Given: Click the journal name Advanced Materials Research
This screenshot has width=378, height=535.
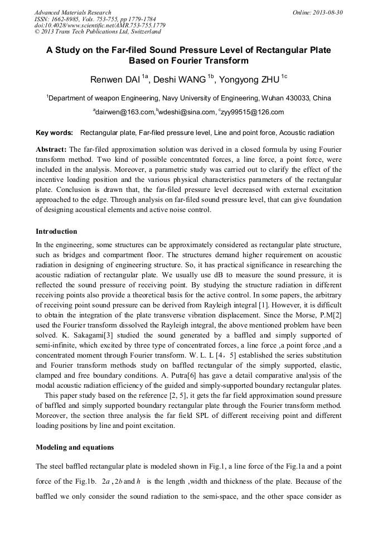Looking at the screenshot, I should [x=72, y=12].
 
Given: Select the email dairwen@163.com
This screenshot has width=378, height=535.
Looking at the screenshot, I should [x=124, y=112].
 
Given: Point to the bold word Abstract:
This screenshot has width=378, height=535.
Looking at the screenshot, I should [x=51, y=151].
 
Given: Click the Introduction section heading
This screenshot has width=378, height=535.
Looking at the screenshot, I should [x=56, y=231].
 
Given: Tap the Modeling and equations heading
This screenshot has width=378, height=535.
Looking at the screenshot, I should [x=75, y=447].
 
